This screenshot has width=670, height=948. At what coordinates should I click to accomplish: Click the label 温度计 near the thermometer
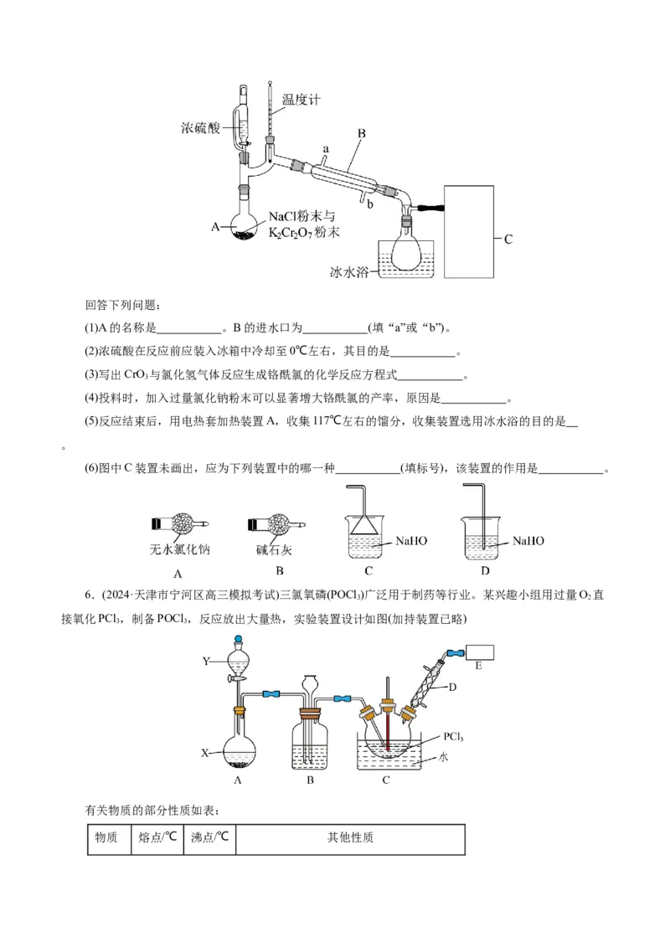coord(301,100)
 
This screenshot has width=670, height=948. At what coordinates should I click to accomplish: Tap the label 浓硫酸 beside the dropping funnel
coord(200,128)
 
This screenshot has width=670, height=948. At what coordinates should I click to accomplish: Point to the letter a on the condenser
coord(327,149)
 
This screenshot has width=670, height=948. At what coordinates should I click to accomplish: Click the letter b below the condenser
coord(368,204)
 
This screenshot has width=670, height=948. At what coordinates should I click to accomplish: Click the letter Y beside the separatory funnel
coord(206,662)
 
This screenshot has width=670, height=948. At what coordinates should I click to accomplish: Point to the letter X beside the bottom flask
coord(204,753)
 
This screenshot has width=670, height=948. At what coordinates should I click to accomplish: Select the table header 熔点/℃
coord(157,837)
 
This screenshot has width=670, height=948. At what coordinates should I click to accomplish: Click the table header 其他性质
coord(351,837)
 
